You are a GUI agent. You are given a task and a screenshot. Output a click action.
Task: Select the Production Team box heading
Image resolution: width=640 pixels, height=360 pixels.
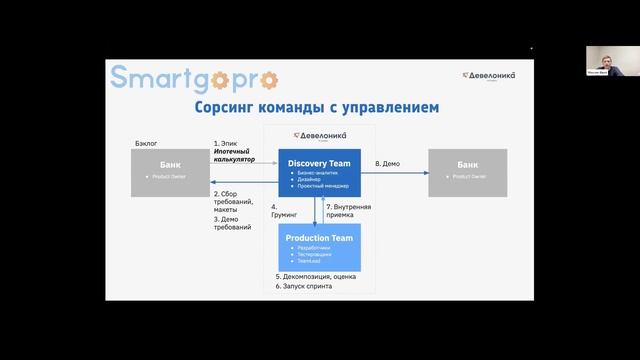pyautogui.click(x=319, y=237)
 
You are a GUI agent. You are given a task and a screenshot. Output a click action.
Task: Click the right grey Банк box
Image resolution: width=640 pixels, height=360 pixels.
pyautogui.click(x=467, y=172)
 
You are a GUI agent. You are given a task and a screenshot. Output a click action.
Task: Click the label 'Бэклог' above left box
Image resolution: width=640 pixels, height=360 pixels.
pyautogui.click(x=147, y=144)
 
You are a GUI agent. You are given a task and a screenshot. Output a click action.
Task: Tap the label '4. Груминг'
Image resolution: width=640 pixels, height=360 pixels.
pyautogui.click(x=283, y=210)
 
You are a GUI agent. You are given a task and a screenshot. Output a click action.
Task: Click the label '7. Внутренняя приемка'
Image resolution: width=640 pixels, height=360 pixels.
pyautogui.click(x=349, y=210)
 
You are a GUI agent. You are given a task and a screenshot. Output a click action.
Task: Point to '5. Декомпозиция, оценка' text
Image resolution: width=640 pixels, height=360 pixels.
pyautogui.click(x=317, y=276)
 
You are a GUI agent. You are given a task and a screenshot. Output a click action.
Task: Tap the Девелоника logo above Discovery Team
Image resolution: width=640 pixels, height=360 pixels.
pyautogui.click(x=319, y=135)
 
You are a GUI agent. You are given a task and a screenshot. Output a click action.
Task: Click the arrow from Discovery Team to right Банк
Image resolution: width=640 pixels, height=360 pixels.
pyautogui.click(x=394, y=173)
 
